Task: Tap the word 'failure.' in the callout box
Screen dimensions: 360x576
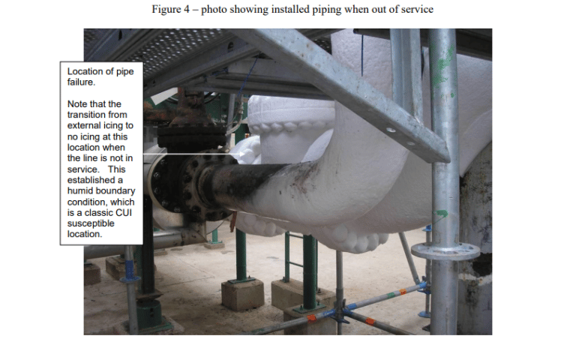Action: point(82,82)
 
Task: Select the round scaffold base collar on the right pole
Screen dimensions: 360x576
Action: point(445,252)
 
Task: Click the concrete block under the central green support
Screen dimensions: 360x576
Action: point(242,295)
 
